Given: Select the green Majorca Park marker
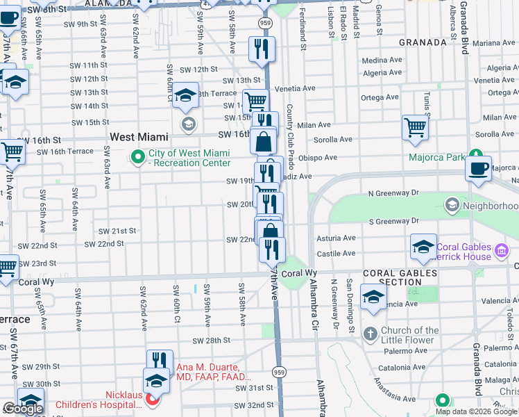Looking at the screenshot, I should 476,154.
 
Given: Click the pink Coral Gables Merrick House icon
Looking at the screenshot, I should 502,249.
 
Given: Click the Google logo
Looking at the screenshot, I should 23,409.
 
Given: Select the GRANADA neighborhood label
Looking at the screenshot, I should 423,42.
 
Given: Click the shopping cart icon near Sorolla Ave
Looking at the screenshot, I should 415,127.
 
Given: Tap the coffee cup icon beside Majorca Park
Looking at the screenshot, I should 478,168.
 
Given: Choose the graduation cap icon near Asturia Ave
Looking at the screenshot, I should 423,246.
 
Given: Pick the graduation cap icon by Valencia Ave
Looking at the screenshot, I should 373,299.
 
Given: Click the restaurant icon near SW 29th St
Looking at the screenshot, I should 160,360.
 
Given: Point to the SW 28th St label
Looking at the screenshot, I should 212,341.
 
